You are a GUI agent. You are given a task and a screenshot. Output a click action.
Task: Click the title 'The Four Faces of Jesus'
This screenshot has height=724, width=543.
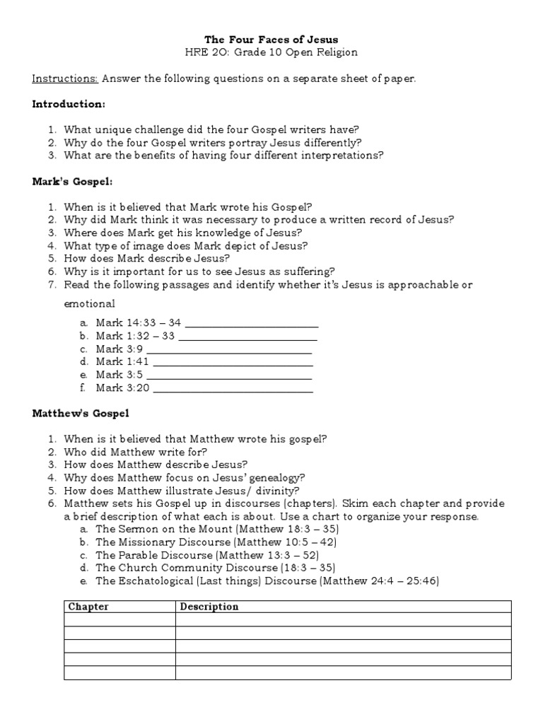271,39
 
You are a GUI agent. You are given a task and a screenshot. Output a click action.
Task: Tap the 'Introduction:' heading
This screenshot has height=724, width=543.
69,104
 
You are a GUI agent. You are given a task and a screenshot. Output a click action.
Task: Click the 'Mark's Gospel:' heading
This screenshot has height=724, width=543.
71,182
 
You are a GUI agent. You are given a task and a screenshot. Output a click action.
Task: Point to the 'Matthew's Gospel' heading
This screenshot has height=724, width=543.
81,413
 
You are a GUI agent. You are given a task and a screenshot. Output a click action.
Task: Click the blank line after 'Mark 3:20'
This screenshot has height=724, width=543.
233,388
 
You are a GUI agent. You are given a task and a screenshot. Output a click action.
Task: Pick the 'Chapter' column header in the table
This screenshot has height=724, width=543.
88,607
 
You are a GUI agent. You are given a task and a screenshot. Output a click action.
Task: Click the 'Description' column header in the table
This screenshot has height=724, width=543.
209,607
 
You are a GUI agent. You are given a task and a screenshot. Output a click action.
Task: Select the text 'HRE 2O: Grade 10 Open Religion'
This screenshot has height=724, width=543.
271,52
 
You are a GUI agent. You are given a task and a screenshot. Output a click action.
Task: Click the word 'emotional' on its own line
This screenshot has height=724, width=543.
89,304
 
